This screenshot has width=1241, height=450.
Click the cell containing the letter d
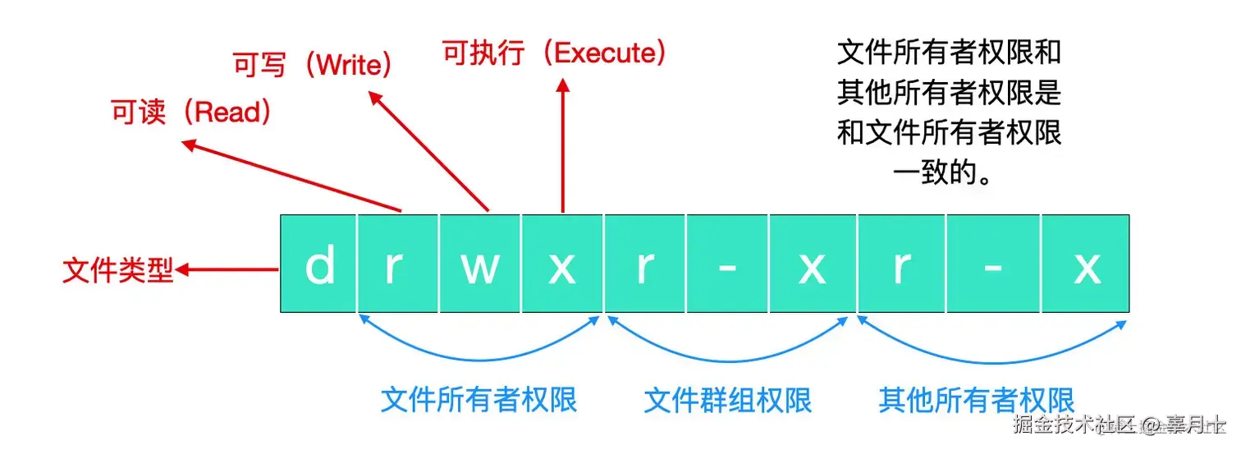click(x=318, y=264)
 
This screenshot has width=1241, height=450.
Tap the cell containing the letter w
click(x=480, y=264)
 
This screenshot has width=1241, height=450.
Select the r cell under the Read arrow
click(x=398, y=264)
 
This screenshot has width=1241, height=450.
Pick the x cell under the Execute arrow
click(x=562, y=264)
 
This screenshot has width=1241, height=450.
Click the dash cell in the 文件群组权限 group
click(x=727, y=264)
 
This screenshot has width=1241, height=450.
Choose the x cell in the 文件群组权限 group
click(x=813, y=264)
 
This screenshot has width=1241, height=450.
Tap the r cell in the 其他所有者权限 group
click(x=900, y=264)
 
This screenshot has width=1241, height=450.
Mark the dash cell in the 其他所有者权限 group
click(x=993, y=264)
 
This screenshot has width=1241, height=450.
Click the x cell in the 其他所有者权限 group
click(x=1086, y=264)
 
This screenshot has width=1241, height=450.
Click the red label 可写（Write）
click(x=313, y=65)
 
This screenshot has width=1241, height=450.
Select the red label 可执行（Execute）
click(x=554, y=53)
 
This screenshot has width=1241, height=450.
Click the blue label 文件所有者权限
click(x=479, y=400)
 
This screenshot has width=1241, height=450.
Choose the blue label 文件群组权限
click(x=727, y=400)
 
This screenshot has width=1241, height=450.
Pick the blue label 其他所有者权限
click(x=976, y=400)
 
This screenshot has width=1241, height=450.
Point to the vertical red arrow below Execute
click(x=563, y=148)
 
